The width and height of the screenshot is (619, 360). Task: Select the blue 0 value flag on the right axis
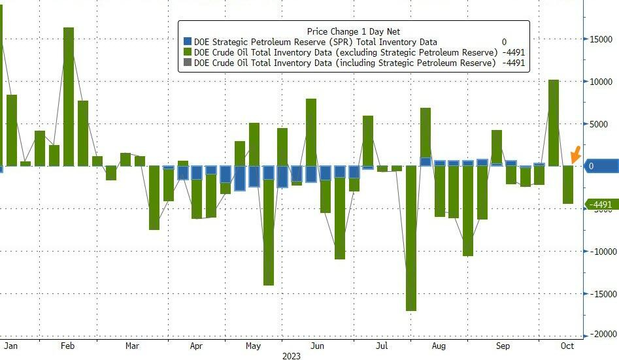click(x=599, y=166)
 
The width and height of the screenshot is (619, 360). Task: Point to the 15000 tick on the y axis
click(x=599, y=39)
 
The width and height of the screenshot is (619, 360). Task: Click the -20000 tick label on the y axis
click(x=600, y=335)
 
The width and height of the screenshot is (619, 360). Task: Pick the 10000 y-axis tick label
click(x=599, y=82)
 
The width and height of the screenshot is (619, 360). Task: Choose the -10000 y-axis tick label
click(x=600, y=251)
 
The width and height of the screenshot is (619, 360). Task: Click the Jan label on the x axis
click(x=9, y=346)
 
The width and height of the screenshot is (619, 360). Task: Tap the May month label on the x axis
click(x=254, y=346)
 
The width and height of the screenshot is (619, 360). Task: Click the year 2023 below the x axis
click(x=292, y=356)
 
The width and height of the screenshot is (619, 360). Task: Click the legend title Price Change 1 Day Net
click(x=353, y=31)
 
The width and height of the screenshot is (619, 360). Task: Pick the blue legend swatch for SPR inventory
click(x=188, y=42)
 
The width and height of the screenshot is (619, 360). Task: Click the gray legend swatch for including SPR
click(x=188, y=63)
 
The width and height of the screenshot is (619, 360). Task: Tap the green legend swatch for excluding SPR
click(x=188, y=52)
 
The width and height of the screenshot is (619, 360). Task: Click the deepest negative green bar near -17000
click(x=411, y=238)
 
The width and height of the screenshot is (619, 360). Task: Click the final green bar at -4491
click(x=567, y=185)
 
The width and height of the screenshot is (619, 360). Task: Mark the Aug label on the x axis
click(x=439, y=346)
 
